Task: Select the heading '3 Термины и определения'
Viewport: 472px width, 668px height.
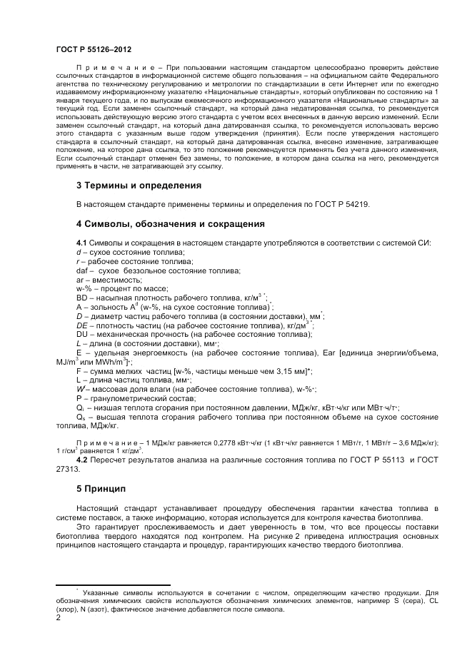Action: pyautogui.click(x=139, y=185)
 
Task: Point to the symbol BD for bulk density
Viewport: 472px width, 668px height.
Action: pyautogui.click(x=82, y=296)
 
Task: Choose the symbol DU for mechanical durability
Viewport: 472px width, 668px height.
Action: pyautogui.click(x=82, y=334)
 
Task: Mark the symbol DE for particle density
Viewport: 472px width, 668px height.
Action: pyautogui.click(x=82, y=325)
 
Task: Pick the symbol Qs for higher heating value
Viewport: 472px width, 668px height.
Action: pyautogui.click(x=81, y=416)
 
